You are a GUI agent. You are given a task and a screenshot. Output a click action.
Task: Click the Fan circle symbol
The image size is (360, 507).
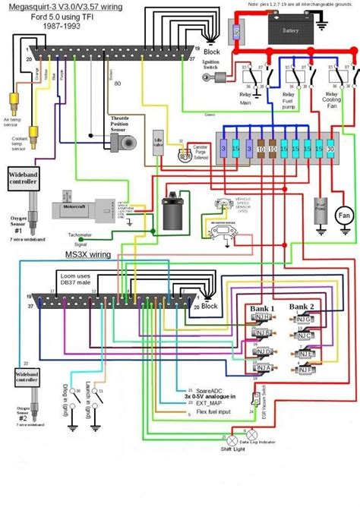coord(344,215)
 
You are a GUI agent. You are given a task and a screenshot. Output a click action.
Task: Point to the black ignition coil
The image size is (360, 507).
coord(171,212)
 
